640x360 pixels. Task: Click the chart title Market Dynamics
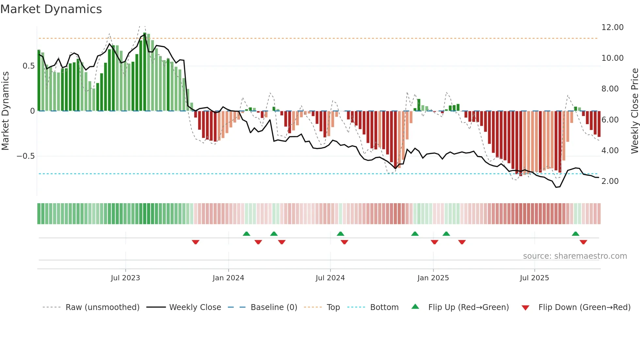[51, 9]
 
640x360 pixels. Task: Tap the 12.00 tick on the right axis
[612, 27]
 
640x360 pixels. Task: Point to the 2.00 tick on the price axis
[610, 181]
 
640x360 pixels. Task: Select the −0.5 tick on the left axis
[25, 156]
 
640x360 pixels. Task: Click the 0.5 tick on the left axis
[28, 66]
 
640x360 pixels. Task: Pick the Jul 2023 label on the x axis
[125, 278]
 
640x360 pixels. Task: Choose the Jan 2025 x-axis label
[433, 278]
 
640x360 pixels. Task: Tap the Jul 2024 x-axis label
[330, 278]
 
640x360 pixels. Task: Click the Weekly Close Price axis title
[634, 111]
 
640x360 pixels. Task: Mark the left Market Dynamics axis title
[5, 111]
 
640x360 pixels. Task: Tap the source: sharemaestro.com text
[575, 256]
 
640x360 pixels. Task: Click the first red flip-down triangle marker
[196, 242]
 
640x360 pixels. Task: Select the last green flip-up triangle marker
[575, 234]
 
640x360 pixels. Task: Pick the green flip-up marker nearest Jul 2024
[340, 234]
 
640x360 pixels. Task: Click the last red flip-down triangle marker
[583, 242]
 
